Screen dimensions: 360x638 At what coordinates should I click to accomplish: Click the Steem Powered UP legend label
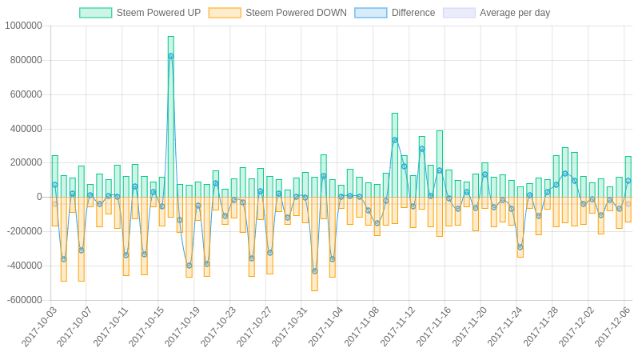pos(158,13)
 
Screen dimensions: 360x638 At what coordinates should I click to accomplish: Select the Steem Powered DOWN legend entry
pos(296,13)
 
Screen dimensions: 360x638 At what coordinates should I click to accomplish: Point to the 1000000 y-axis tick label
pos(23,26)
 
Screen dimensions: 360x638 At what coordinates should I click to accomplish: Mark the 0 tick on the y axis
pos(39,197)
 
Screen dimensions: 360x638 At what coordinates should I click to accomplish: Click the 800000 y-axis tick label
pos(26,60)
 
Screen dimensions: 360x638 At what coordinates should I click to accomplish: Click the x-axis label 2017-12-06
pos(612,326)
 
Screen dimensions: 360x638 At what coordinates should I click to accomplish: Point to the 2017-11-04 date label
pos(326,326)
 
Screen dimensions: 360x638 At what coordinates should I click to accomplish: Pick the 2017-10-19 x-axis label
pos(183,326)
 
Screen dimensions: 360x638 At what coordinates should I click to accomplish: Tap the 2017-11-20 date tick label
pos(469,326)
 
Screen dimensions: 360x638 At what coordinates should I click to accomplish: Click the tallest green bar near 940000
pos(170,112)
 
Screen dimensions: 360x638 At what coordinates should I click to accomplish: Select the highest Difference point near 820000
pos(170,56)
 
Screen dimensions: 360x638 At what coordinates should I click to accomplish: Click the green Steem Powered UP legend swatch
pos(95,13)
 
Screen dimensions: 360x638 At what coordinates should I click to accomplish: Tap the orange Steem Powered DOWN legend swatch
pos(225,13)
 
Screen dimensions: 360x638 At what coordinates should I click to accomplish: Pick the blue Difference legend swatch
pos(370,13)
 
